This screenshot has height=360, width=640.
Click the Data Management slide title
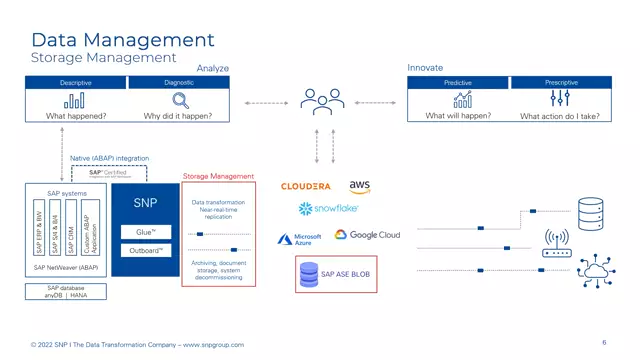122,40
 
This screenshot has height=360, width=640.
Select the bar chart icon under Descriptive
74,100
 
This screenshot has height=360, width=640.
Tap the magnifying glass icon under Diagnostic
181,100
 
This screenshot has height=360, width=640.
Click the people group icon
322,102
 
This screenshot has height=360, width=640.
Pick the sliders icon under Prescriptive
560,99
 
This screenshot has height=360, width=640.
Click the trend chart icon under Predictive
462,99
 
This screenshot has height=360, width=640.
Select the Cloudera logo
306,186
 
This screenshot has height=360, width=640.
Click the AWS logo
360,186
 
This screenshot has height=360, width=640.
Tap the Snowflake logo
328,209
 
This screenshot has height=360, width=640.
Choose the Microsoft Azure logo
301,239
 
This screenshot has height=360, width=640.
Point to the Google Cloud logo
367,235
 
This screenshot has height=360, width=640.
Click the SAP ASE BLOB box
337,273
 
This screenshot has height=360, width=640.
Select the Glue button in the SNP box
146,232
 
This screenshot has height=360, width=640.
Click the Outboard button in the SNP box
146,251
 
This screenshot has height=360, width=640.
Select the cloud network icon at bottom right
597,272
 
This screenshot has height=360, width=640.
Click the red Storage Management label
218,176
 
